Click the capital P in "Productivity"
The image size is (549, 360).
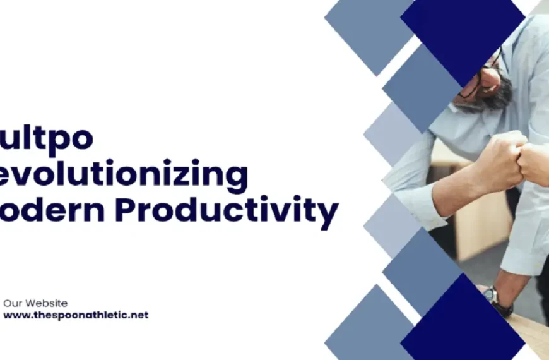[x=126, y=210]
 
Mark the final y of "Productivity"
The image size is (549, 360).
[x=328, y=215]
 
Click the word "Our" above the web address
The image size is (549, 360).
[x=14, y=303]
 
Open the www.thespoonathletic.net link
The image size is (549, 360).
[x=76, y=315]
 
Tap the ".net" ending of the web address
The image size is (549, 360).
[x=138, y=315]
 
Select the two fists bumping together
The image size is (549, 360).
[x=517, y=158]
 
